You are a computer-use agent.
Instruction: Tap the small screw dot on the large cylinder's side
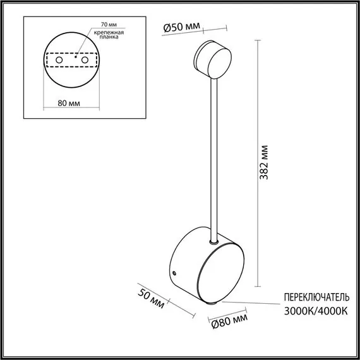(x=175, y=273)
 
